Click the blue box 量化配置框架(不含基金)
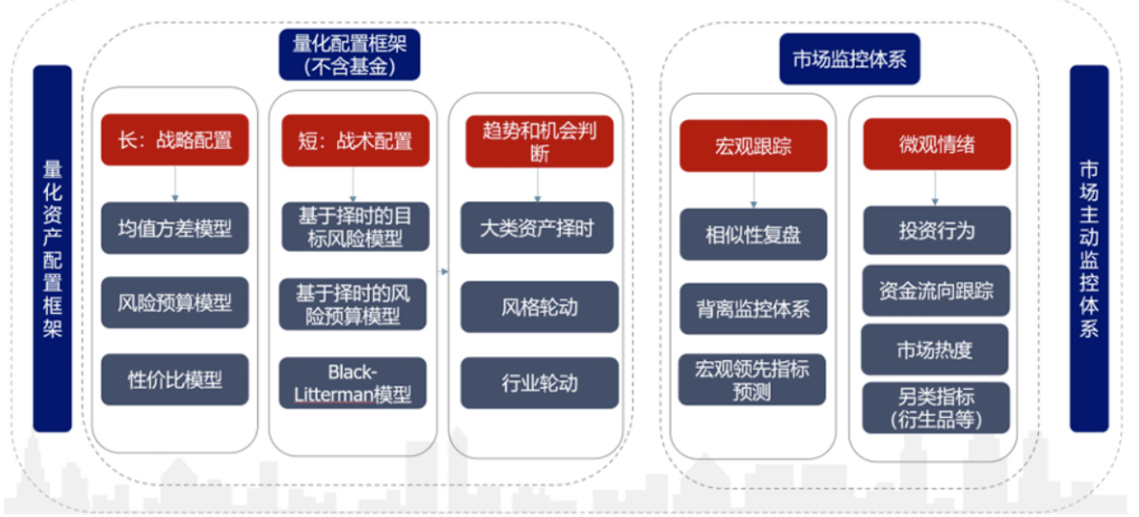point(349,54)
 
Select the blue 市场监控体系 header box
point(850,59)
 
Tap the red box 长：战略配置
point(175,140)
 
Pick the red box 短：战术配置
point(355,141)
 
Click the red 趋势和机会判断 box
point(539,142)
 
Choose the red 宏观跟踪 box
point(753,145)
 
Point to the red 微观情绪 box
point(937,144)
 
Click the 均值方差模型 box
point(175,228)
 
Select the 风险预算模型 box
point(175,303)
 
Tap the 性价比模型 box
point(175,380)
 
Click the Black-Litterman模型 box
point(353,383)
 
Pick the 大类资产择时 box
point(537,227)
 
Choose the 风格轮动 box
point(539,307)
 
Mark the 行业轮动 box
point(539,383)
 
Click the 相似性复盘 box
point(753,234)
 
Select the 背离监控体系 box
point(753,309)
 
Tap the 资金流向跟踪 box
point(936,291)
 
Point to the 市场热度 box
point(934,349)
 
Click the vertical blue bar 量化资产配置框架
point(52,248)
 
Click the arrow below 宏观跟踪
point(754,189)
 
